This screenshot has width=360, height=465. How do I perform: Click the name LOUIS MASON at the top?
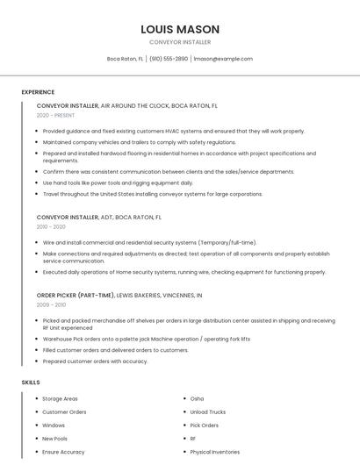180,29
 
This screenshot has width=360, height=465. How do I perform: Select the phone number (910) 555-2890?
169,59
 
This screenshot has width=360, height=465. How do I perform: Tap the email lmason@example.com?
223,59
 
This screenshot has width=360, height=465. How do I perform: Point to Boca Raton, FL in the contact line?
125,59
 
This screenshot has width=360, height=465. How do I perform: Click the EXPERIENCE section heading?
38,92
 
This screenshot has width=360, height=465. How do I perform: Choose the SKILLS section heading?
31,383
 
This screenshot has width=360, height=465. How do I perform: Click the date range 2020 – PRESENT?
56,115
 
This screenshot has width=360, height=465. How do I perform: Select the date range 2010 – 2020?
51,226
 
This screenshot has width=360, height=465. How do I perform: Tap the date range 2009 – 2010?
51,304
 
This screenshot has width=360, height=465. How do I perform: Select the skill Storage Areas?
60,398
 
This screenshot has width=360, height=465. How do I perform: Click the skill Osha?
197,398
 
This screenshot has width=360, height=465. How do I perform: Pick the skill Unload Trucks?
207,411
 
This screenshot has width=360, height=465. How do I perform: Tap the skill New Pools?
54,438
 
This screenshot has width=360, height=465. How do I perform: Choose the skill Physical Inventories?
214,452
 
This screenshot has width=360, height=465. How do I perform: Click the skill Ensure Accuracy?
63,452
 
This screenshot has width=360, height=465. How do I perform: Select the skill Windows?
54,425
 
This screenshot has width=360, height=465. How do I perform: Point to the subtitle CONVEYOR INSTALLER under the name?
180,42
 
